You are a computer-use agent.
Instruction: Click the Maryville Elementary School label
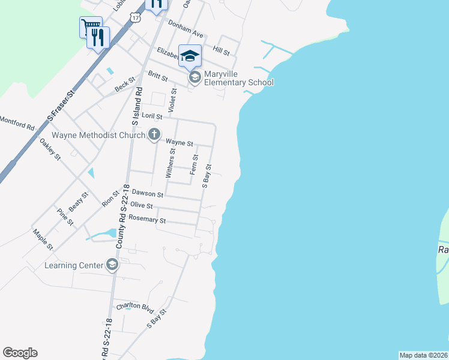(x=238, y=78)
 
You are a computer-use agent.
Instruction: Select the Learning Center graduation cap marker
(x=112, y=265)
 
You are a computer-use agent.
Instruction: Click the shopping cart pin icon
(x=90, y=26)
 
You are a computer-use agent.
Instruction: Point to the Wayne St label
(x=179, y=143)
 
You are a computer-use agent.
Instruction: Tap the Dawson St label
(x=147, y=194)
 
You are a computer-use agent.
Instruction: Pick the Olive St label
(x=141, y=206)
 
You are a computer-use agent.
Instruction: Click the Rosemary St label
(x=147, y=220)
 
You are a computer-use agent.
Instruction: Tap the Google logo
(x=20, y=353)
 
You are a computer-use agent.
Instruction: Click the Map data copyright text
(x=423, y=355)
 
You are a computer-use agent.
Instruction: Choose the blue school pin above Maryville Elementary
(x=190, y=55)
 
